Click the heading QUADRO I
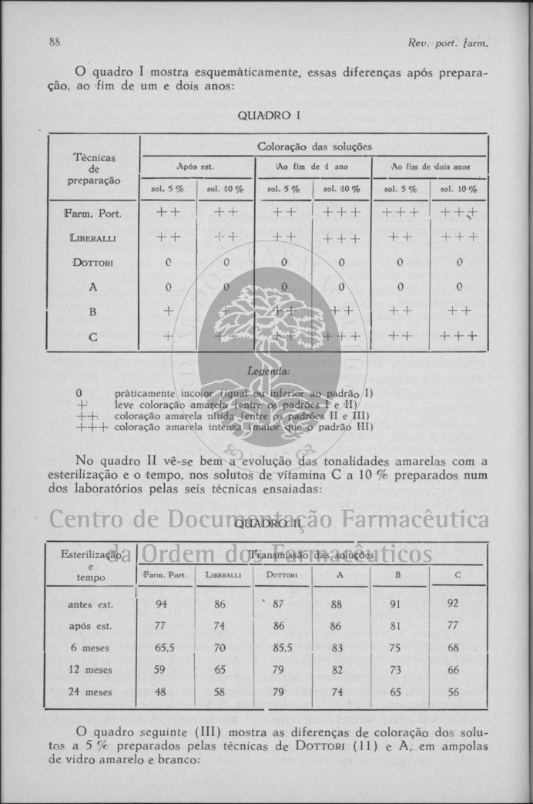click(x=268, y=116)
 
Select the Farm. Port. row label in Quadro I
click(x=92, y=214)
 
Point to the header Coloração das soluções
click(x=314, y=146)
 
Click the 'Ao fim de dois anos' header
click(x=430, y=167)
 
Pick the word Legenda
click(x=266, y=372)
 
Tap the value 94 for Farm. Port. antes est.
click(x=160, y=604)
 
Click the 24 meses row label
click(x=90, y=692)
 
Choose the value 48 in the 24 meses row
click(x=160, y=692)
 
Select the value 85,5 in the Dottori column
click(x=282, y=648)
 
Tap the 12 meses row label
click(x=90, y=670)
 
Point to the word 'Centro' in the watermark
click(x=84, y=520)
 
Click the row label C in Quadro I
click(x=92, y=336)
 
